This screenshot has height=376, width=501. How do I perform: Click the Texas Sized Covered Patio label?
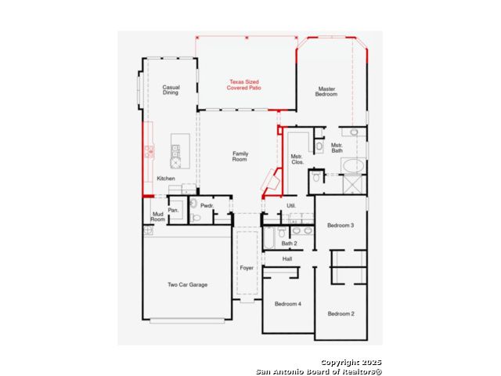pos(243,85)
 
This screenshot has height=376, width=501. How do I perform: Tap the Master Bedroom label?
pos(326,92)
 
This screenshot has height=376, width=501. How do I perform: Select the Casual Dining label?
pos(171,90)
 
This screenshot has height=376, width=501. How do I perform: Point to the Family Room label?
pos(240,157)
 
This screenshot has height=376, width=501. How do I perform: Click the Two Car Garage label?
pos(188,284)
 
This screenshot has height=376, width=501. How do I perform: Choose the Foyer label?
pos(247,268)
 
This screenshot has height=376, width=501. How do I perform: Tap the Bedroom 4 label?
pos(288,304)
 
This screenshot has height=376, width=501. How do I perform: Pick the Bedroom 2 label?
pos(341,313)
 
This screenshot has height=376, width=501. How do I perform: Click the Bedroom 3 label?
pos(341,226)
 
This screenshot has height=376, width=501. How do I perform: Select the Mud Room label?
pos(158,216)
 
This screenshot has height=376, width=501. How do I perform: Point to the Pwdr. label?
pos(207,205)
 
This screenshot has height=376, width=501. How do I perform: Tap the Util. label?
pos(291,205)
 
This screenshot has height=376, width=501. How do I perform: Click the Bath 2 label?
pos(289,244)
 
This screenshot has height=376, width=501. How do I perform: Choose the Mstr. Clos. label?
pos(297,159)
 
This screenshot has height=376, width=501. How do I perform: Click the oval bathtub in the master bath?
pos(353,166)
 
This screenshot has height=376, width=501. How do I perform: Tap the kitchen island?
pos(180,151)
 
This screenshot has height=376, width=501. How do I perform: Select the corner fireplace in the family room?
pos(271,181)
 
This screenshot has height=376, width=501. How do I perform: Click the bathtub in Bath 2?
pos(269,238)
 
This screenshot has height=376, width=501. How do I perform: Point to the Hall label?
pos(287,258)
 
